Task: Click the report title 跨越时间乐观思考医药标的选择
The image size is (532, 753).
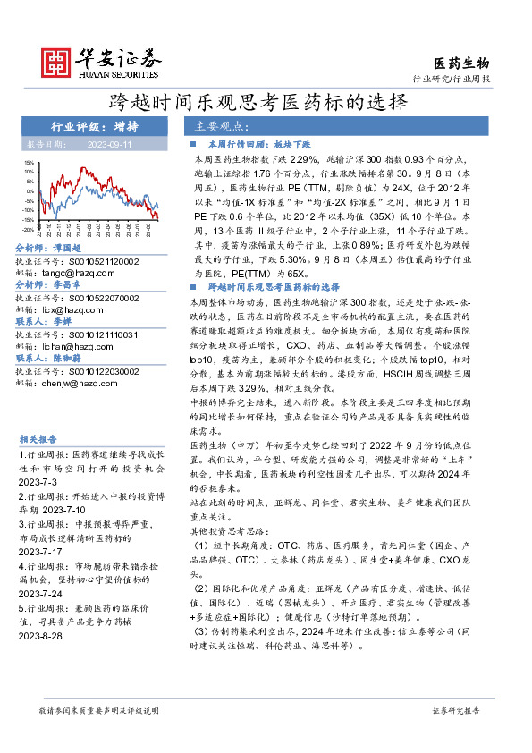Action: (266, 102)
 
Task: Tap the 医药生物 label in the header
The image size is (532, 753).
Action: (461, 63)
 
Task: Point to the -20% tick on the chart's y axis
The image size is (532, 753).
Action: (30, 230)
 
